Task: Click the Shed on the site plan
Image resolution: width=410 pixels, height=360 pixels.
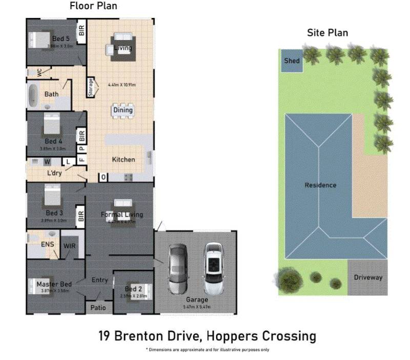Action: pyautogui.click(x=292, y=61)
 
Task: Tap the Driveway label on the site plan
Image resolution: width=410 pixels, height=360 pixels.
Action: pyautogui.click(x=368, y=278)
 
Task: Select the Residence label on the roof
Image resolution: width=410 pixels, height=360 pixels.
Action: pyautogui.click(x=320, y=185)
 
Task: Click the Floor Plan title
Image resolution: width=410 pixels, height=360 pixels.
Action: pyautogui.click(x=93, y=7)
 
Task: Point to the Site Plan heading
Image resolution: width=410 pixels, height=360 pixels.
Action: pyautogui.click(x=327, y=33)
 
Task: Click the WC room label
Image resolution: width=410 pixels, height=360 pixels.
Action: pyautogui.click(x=39, y=73)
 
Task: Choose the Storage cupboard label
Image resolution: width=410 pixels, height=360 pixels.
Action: pyautogui.click(x=91, y=87)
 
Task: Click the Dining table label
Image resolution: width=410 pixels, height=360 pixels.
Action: pyautogui.click(x=123, y=110)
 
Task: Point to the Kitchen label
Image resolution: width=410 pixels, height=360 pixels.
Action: pyautogui.click(x=124, y=159)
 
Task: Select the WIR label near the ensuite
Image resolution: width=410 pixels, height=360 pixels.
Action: pyautogui.click(x=70, y=246)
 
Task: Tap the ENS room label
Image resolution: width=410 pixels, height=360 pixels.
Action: pyautogui.click(x=48, y=245)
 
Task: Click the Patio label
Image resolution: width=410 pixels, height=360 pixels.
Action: pyautogui.click(x=98, y=308)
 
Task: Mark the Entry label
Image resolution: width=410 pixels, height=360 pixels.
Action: pyautogui.click(x=99, y=280)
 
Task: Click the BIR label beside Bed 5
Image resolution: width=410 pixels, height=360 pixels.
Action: pyautogui.click(x=81, y=31)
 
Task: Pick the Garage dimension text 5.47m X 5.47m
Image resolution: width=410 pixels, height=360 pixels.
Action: pyautogui.click(x=197, y=307)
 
